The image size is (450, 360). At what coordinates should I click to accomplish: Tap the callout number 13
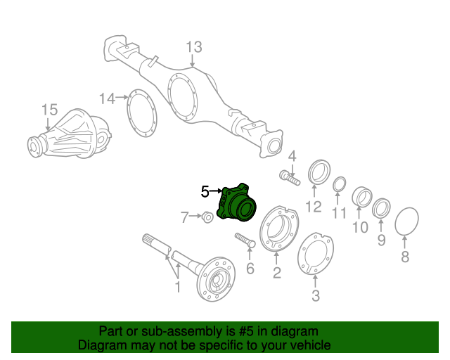coord(193,47)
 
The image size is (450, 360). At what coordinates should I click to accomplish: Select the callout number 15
coord(49,109)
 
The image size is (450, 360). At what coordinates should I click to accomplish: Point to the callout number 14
coord(106,98)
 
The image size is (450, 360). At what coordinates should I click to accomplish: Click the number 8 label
coord(404,257)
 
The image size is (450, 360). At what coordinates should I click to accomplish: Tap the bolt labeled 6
coord(244,240)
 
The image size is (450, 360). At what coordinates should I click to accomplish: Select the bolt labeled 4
coord(289,178)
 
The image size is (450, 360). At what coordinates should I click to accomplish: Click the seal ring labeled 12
coord(319,173)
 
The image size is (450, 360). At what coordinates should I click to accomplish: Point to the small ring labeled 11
coord(338,184)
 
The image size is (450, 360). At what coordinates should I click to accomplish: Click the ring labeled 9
coord(382,207)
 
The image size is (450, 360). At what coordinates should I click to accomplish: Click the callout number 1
coord(178,287)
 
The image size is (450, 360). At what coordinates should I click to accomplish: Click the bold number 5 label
coord(205,191)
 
